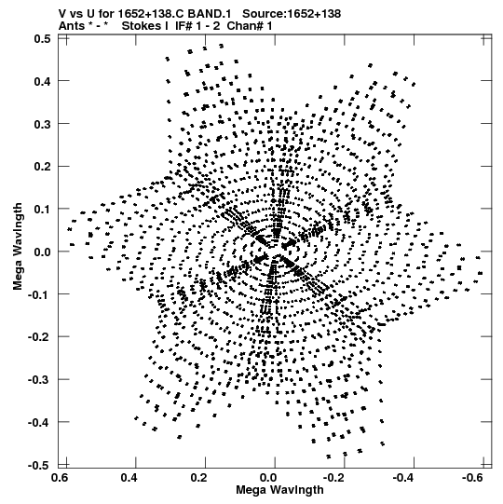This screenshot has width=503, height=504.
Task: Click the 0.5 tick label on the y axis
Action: [43, 39]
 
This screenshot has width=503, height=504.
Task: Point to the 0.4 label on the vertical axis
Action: [43, 81]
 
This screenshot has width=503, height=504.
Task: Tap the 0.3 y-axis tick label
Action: [43, 124]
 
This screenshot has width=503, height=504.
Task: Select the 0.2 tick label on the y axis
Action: [43, 167]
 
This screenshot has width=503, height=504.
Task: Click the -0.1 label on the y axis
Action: [39, 294]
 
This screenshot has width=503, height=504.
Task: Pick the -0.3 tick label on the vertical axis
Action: [39, 379]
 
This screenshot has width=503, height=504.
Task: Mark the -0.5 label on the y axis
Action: [39, 465]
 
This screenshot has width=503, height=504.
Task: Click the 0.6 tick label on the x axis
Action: [60, 478]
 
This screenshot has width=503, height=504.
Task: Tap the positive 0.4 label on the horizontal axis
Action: [129, 478]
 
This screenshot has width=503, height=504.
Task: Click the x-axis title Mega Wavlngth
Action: [280, 490]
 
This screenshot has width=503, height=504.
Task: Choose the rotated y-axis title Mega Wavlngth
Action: [18, 246]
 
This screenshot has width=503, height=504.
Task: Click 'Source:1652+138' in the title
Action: [292, 14]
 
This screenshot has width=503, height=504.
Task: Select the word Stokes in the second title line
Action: [144, 26]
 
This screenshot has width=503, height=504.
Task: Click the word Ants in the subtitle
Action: [71, 26]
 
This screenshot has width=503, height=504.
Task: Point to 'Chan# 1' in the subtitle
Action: [250, 26]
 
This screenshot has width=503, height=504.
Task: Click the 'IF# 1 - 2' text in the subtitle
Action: [197, 26]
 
